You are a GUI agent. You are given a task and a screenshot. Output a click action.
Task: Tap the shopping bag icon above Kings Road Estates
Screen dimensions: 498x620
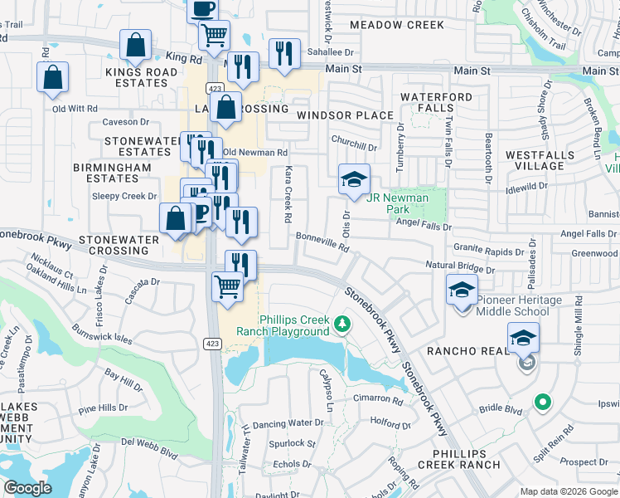click(x=135, y=46)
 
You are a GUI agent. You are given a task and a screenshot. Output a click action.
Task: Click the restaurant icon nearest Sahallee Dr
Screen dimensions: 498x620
click(x=284, y=55)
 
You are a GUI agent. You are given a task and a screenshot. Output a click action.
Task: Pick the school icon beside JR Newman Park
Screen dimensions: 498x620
click(x=354, y=179)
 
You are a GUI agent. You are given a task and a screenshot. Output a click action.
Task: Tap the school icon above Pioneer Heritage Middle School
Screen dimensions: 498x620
click(x=463, y=290)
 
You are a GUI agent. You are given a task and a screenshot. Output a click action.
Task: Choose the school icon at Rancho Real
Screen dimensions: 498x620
click(x=523, y=339)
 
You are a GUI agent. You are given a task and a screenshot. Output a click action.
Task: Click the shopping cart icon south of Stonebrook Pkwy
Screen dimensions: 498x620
click(x=227, y=287)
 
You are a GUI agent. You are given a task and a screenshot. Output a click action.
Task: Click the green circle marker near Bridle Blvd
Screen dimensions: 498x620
click(x=543, y=403)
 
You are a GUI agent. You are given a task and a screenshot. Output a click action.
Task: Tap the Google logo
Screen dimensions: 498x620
click(x=28, y=488)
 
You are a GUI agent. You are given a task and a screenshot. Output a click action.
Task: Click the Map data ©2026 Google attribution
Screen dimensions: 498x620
click(x=569, y=491)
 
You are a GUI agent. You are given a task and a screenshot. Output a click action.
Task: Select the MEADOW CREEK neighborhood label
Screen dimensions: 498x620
click(x=396, y=25)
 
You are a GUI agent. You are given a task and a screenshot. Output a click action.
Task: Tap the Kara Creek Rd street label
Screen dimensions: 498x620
click(x=288, y=205)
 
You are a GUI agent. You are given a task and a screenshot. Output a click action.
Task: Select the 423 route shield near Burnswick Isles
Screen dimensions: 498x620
click(x=214, y=343)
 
